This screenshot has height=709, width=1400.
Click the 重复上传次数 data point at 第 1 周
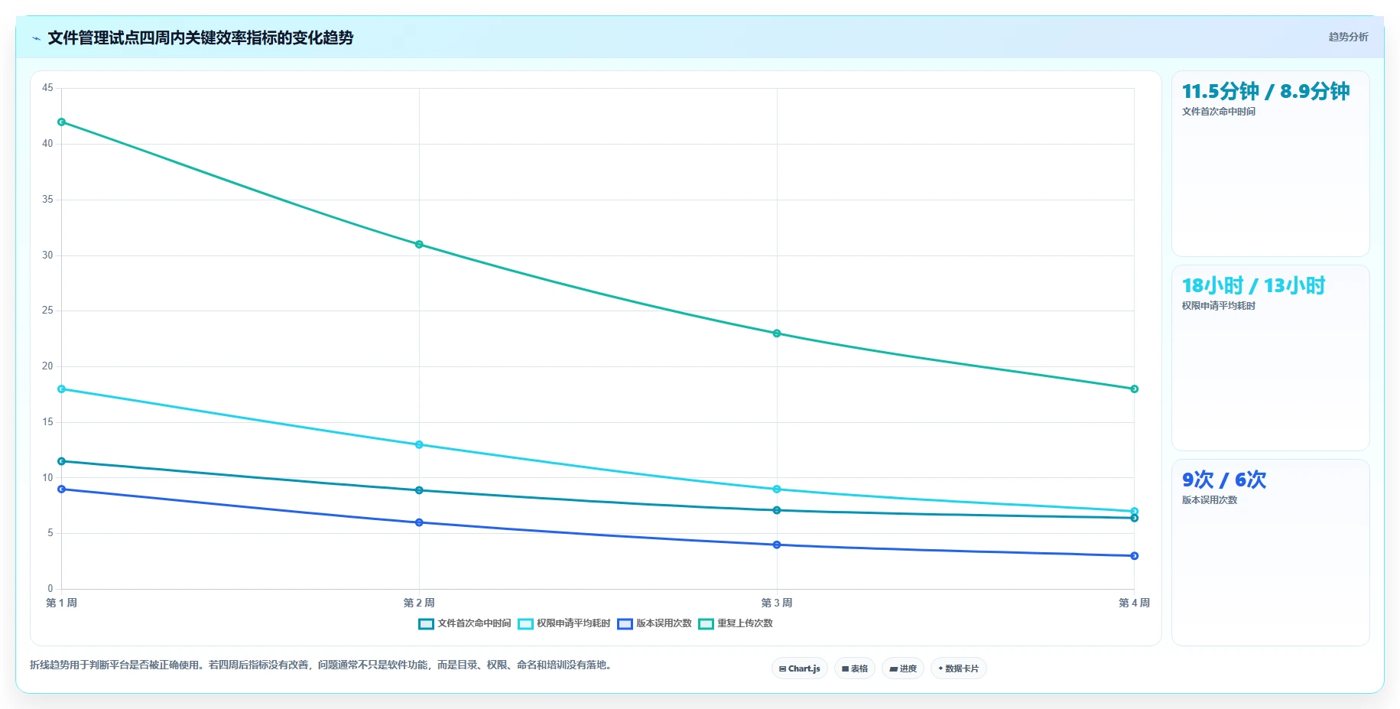pos(62,122)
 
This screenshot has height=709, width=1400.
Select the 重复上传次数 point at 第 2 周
pos(419,245)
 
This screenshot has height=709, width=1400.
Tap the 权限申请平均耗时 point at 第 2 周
pos(419,444)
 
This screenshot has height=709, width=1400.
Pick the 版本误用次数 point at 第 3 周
pos(777,545)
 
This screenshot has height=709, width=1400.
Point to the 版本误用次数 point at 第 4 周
pos(1134,556)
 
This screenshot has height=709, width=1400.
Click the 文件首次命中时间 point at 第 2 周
pos(419,490)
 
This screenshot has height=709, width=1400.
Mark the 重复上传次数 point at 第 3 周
pos(777,333)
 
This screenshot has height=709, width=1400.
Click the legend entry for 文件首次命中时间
pos(465,623)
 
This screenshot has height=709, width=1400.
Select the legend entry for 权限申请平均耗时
pos(564,623)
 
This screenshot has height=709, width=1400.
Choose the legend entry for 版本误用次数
pos(655,623)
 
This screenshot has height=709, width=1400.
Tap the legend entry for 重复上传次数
pos(736,623)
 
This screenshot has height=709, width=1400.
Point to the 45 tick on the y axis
pos(47,88)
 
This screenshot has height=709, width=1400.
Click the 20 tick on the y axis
pos(47,366)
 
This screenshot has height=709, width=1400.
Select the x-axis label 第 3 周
pos(777,603)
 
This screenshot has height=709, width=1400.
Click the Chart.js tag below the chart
pos(800,668)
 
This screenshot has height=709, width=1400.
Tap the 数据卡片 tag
pos(959,668)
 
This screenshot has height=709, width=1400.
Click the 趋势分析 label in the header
pos(1349,37)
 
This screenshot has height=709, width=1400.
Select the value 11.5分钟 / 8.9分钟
pos(1266,91)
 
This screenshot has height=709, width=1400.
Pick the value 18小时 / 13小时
pos(1254,285)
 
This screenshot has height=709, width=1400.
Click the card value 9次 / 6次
pos(1224,480)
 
